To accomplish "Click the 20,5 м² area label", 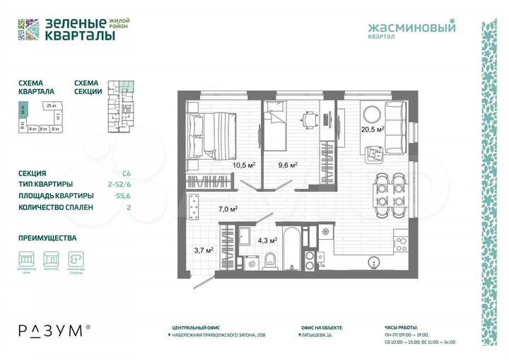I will [372, 129].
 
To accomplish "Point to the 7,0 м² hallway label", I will [228, 209].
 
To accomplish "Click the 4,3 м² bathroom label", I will [266, 240].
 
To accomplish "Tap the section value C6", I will [127, 173].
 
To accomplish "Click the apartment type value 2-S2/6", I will [122, 185].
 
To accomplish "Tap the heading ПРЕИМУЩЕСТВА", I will [47, 238].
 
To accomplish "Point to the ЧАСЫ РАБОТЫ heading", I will [402, 327].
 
